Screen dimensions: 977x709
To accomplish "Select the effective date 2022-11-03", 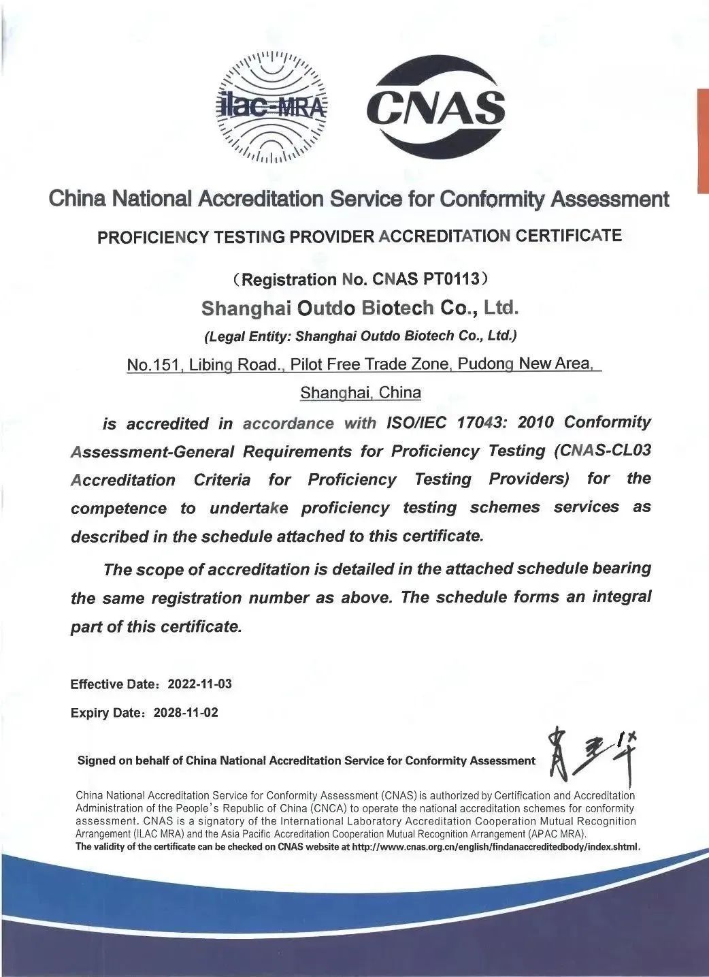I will (199, 684).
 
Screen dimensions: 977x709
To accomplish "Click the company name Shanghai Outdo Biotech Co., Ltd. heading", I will (360, 308).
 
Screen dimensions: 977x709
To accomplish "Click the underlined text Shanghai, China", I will (361, 393).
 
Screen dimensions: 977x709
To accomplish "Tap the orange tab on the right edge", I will (703, 140).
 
